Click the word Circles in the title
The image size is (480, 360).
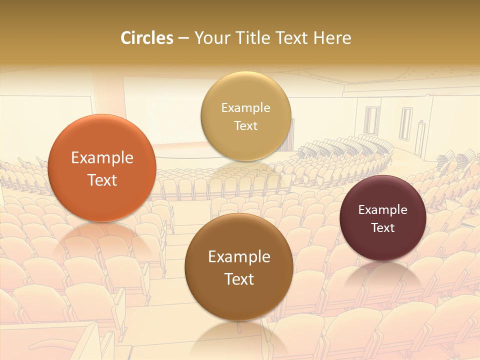pos(146,38)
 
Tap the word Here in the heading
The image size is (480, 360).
pos(332,38)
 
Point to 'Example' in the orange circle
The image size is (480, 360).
pos(102,158)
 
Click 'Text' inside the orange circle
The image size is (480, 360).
pos(102,180)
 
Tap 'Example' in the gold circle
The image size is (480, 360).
pos(246,108)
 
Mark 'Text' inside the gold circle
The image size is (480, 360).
pos(246,126)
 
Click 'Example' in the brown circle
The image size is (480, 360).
pos(239,257)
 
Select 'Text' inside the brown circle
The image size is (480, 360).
pos(239,279)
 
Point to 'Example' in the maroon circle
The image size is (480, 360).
pos(383,210)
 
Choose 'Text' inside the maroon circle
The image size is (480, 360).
pos(383,228)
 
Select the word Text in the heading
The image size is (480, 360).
pos(292,38)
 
